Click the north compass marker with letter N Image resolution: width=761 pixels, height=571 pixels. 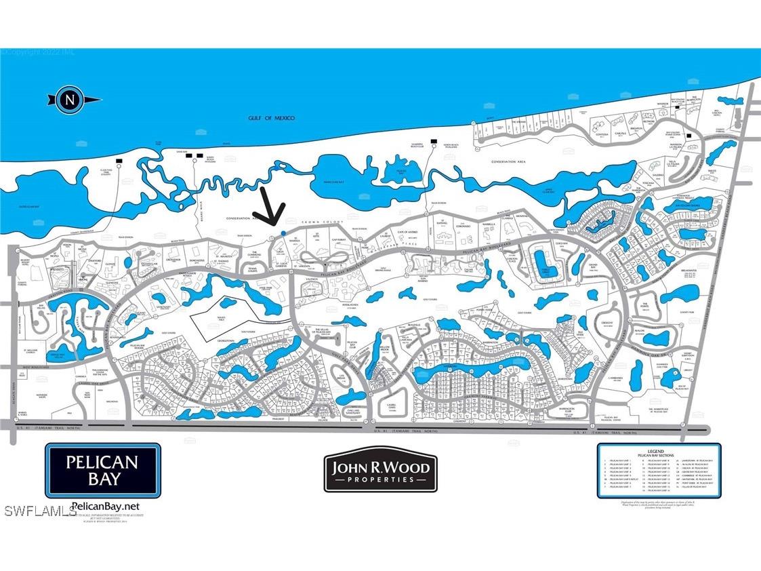point(69,100)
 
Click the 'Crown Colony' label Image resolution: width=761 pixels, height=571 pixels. point(328,222)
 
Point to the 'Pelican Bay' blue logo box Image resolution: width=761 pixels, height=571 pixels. point(102,470)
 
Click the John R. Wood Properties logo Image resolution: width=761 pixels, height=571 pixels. point(380,471)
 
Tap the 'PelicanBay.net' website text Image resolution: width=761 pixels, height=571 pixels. point(105,506)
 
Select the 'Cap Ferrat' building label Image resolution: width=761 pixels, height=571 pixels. point(339,239)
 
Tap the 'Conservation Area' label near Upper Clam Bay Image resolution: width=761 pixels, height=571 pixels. point(511,163)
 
